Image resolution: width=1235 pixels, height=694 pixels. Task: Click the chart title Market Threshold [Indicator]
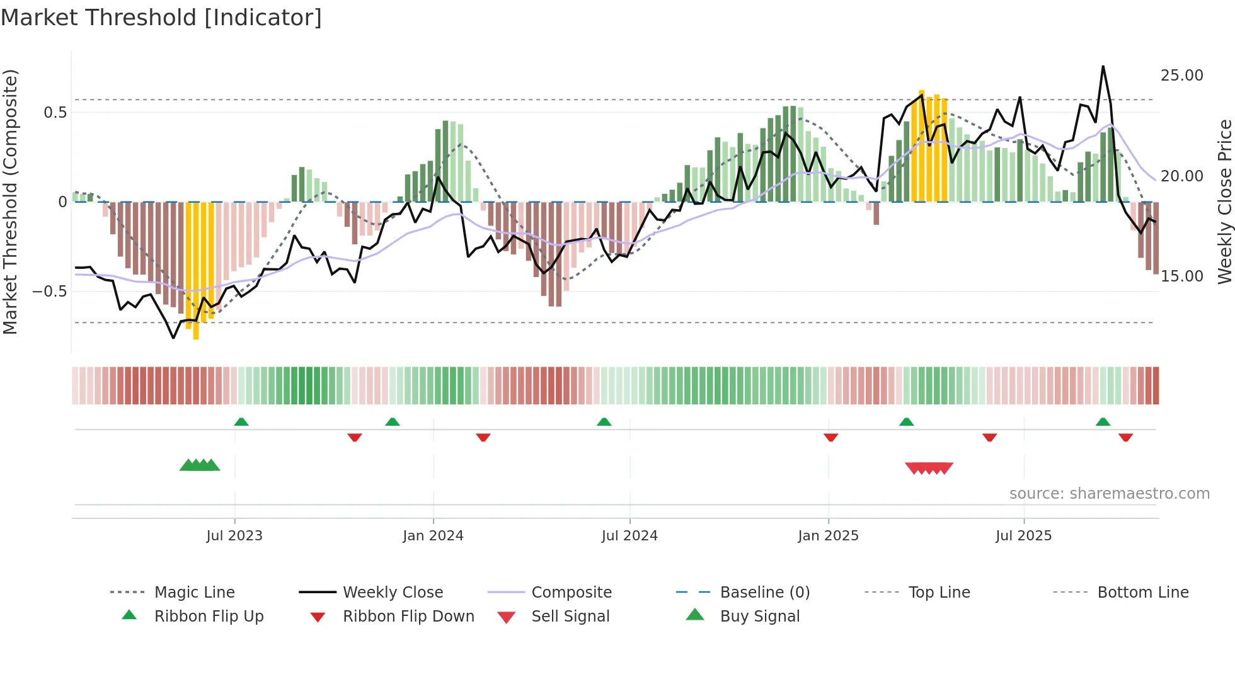[x=161, y=18]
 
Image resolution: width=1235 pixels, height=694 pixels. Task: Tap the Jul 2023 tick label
[x=234, y=536]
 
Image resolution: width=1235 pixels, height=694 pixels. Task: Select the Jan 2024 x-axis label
[x=433, y=536]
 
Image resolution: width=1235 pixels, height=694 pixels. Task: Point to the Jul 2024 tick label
[x=629, y=536]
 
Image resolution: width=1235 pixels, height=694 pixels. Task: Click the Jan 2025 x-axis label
[x=828, y=536]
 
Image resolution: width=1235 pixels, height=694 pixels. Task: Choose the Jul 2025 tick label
[x=1024, y=536]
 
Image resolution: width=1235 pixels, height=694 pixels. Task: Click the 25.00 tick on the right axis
[x=1181, y=76]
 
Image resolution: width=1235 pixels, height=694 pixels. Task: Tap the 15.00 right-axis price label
[x=1181, y=276]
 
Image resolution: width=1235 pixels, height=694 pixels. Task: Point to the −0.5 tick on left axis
[x=49, y=292]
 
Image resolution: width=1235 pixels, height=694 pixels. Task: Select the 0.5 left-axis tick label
[x=55, y=113]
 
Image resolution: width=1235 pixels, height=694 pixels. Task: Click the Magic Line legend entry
[x=194, y=593]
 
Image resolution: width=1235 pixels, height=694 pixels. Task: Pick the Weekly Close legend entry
[x=393, y=593]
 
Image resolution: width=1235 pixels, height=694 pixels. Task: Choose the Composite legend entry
[x=571, y=593]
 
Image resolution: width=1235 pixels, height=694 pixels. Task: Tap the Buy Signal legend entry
[x=759, y=617]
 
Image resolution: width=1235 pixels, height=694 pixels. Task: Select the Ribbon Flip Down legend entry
[x=408, y=617]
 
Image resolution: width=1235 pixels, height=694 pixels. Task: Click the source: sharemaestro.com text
[x=1109, y=494]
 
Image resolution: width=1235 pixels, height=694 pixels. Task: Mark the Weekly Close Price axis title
[x=1224, y=202]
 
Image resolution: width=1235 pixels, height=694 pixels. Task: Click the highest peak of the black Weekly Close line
[x=1103, y=67]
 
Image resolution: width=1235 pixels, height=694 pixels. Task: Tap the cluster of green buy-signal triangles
[x=200, y=465]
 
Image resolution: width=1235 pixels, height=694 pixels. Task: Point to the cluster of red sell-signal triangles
[x=929, y=468]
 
